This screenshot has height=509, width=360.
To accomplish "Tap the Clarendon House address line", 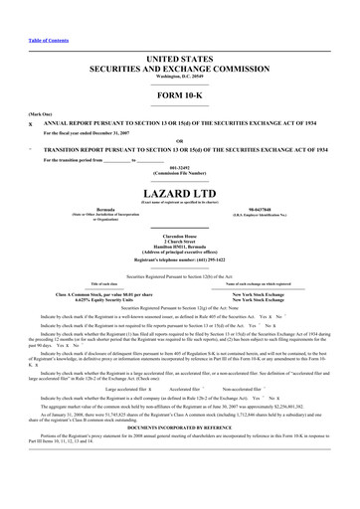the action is [180, 236].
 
